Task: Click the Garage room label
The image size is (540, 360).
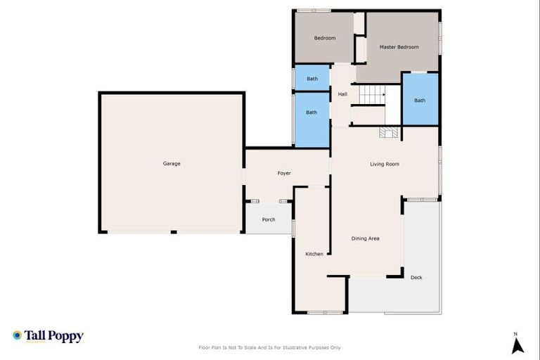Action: point(172,164)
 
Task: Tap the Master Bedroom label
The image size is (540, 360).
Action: point(399,47)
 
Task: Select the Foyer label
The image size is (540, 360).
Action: point(284,173)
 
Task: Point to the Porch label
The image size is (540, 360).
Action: point(269,219)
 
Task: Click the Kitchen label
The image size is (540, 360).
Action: point(314,254)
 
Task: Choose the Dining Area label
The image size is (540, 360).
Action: point(365,238)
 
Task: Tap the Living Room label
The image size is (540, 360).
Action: point(385,164)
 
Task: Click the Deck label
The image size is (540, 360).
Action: point(416,278)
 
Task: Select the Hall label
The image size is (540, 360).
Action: point(342,94)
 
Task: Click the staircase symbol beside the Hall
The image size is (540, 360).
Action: point(373,94)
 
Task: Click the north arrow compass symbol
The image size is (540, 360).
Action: point(517,345)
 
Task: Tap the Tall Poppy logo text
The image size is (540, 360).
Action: point(55,336)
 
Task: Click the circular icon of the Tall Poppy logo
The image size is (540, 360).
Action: point(17,335)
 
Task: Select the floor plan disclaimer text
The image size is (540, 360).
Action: point(270,347)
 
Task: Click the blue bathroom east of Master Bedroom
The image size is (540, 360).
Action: point(420,100)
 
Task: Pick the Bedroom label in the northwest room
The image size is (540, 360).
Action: point(325,38)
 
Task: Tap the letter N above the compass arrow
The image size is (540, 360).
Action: point(515,333)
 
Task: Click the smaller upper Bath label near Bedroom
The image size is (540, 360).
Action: point(312,79)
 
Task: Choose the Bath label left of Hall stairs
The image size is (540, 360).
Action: point(311,112)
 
